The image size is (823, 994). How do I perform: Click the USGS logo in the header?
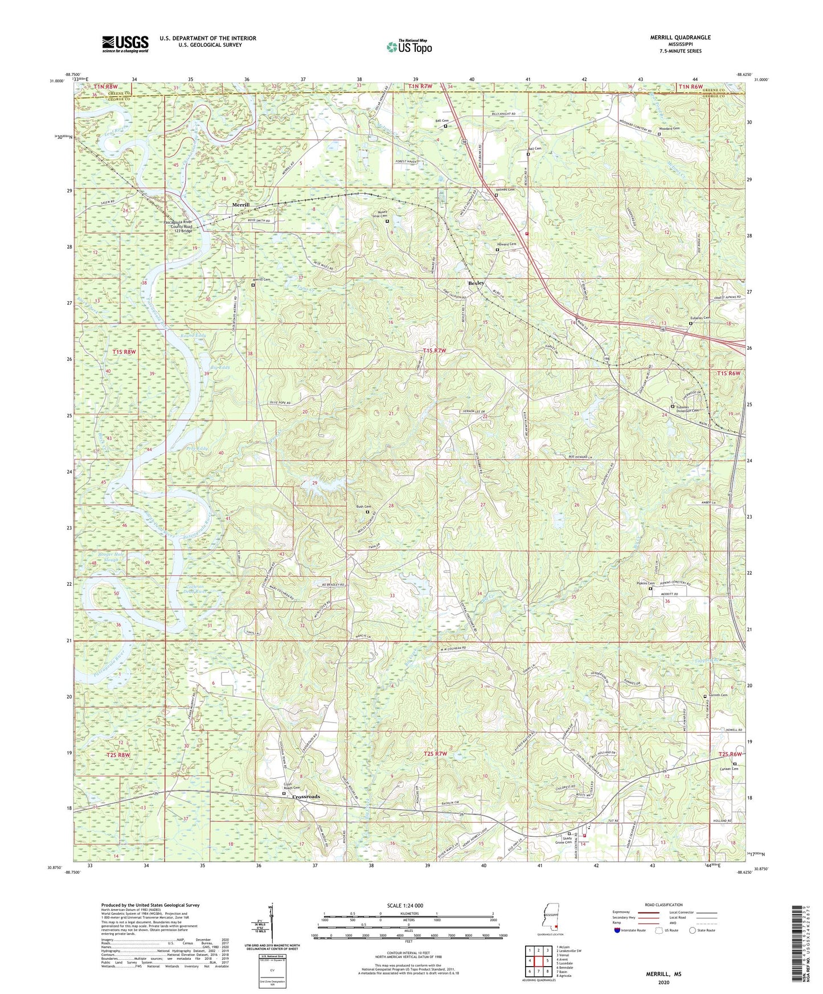[x=125, y=43]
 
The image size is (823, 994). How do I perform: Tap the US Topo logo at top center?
[x=408, y=47]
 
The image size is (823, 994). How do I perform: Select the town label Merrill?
[x=240, y=204]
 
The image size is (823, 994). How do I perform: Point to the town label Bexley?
[x=476, y=283]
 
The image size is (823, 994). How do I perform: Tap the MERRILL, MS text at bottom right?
[x=663, y=974]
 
